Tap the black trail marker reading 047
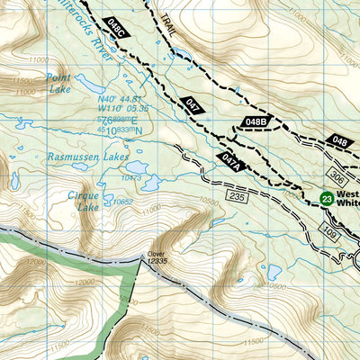click(191, 104)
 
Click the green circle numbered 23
click(327, 198)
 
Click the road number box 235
click(237, 196)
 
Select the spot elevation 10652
click(123, 202)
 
